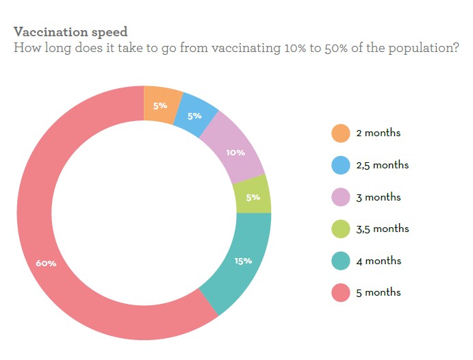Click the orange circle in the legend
(x=340, y=133)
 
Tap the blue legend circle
(x=340, y=166)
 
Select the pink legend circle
(x=340, y=197)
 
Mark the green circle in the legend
(x=340, y=229)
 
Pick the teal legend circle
(x=340, y=261)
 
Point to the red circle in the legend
(x=340, y=293)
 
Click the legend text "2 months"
(x=378, y=133)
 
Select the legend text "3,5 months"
(x=382, y=229)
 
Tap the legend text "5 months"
(x=378, y=293)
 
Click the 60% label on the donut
(x=46, y=263)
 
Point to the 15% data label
(x=243, y=261)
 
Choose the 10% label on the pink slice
(x=235, y=152)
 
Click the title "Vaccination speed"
(x=71, y=32)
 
